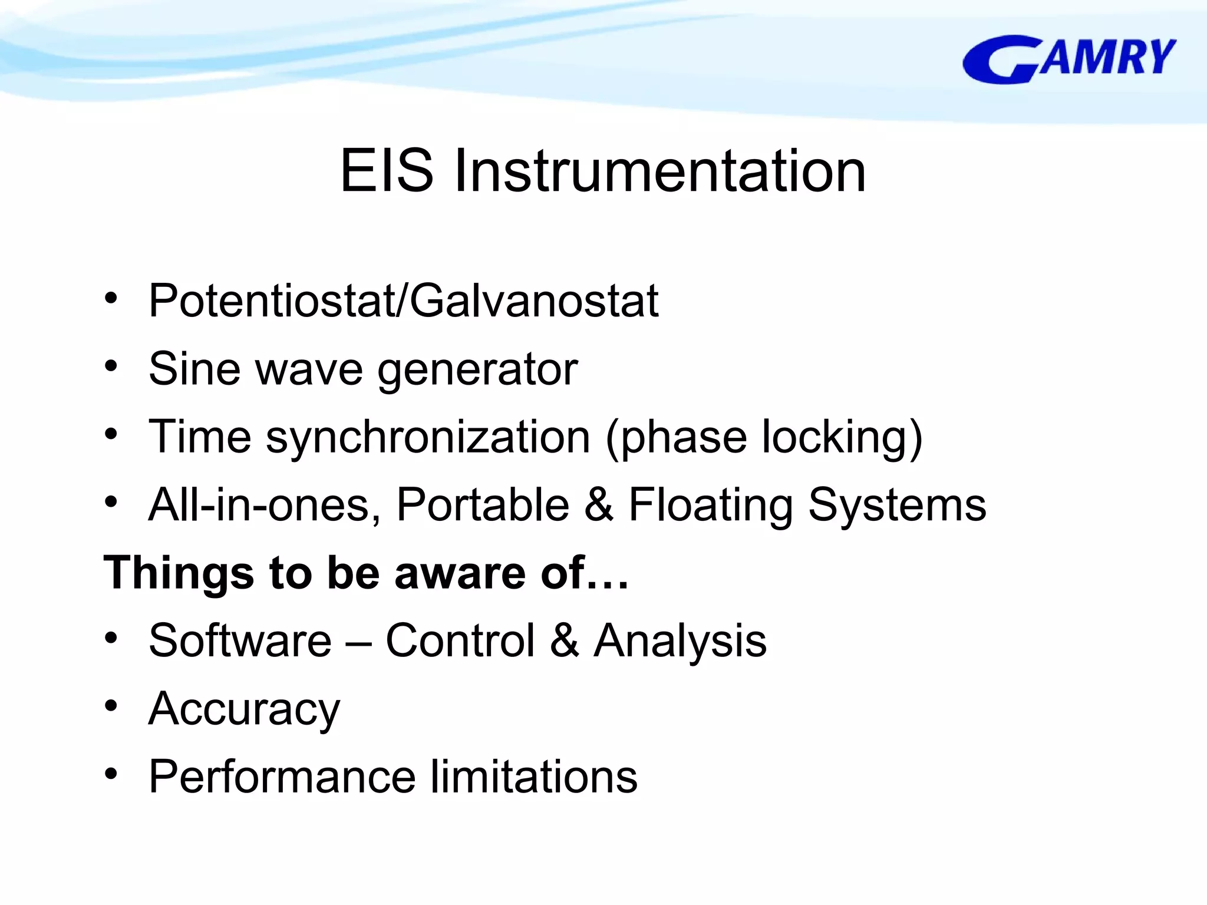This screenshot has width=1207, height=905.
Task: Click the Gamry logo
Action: (1069, 59)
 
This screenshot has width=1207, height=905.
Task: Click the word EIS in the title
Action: (387, 171)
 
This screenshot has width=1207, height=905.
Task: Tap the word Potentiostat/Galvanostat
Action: (403, 301)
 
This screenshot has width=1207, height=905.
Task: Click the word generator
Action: (477, 370)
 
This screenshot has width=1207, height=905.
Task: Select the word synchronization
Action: (428, 437)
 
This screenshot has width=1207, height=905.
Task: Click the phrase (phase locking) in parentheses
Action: (764, 437)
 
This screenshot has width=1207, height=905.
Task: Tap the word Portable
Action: (483, 505)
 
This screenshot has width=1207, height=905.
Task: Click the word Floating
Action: (711, 505)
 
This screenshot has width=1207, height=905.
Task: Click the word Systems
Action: (896, 505)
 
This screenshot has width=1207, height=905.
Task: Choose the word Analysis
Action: (680, 641)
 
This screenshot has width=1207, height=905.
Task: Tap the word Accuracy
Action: (244, 709)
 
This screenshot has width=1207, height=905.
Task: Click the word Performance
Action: (282, 777)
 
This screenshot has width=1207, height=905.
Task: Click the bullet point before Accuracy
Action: (111, 705)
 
